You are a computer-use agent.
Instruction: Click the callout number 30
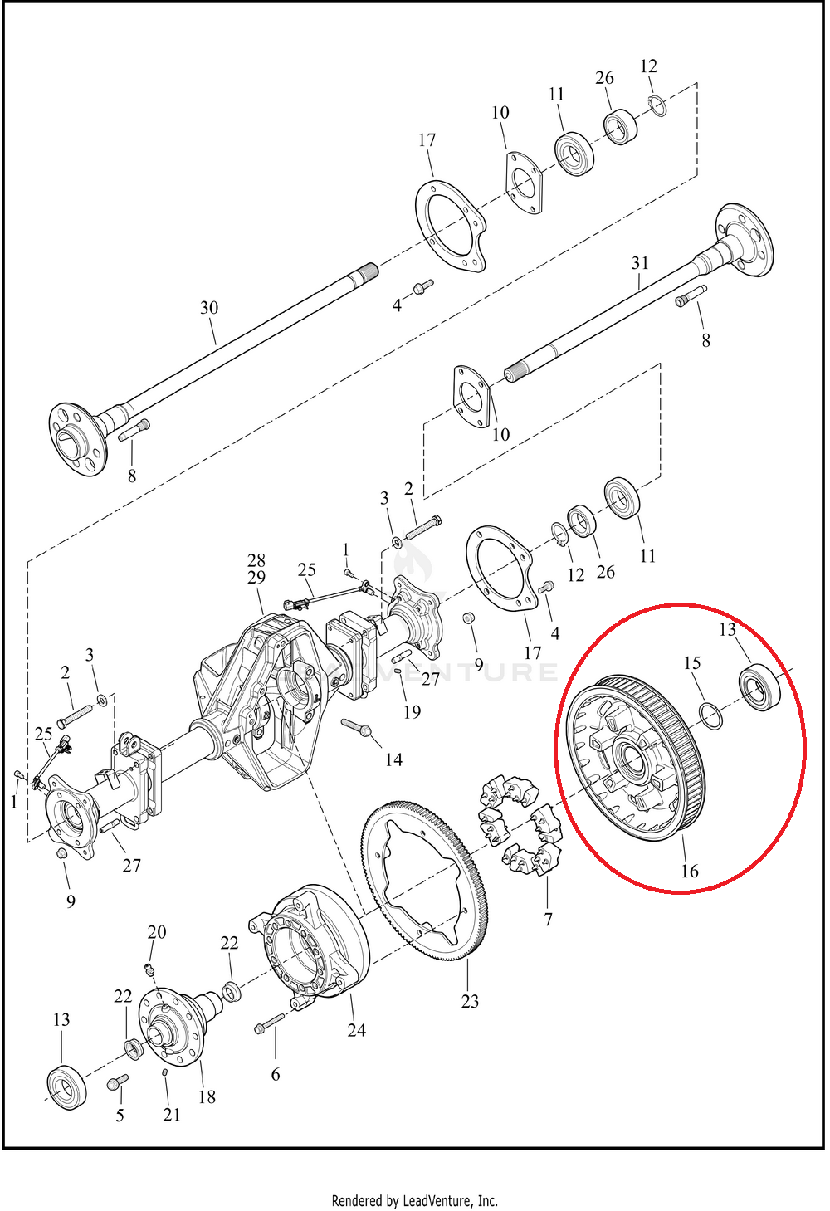point(209,308)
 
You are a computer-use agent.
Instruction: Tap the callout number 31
point(640,263)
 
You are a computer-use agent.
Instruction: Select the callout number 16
point(690,871)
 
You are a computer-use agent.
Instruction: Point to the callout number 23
point(470,1001)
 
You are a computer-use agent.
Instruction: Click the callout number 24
point(356,1030)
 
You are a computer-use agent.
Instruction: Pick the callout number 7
point(548,919)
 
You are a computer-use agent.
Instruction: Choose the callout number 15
point(692,663)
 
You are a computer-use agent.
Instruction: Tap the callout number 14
point(393,759)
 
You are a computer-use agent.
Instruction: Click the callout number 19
point(412,712)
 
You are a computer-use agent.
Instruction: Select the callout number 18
point(207,1096)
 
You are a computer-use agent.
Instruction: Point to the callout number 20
point(157,932)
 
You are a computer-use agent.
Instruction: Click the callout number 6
point(276,1074)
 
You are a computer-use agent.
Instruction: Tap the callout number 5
point(120,1115)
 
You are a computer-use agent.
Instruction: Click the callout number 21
point(172,1115)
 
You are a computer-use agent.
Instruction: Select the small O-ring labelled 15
point(710,715)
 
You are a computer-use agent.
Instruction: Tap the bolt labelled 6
point(268,1024)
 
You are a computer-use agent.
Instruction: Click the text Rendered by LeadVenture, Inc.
point(414,1200)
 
